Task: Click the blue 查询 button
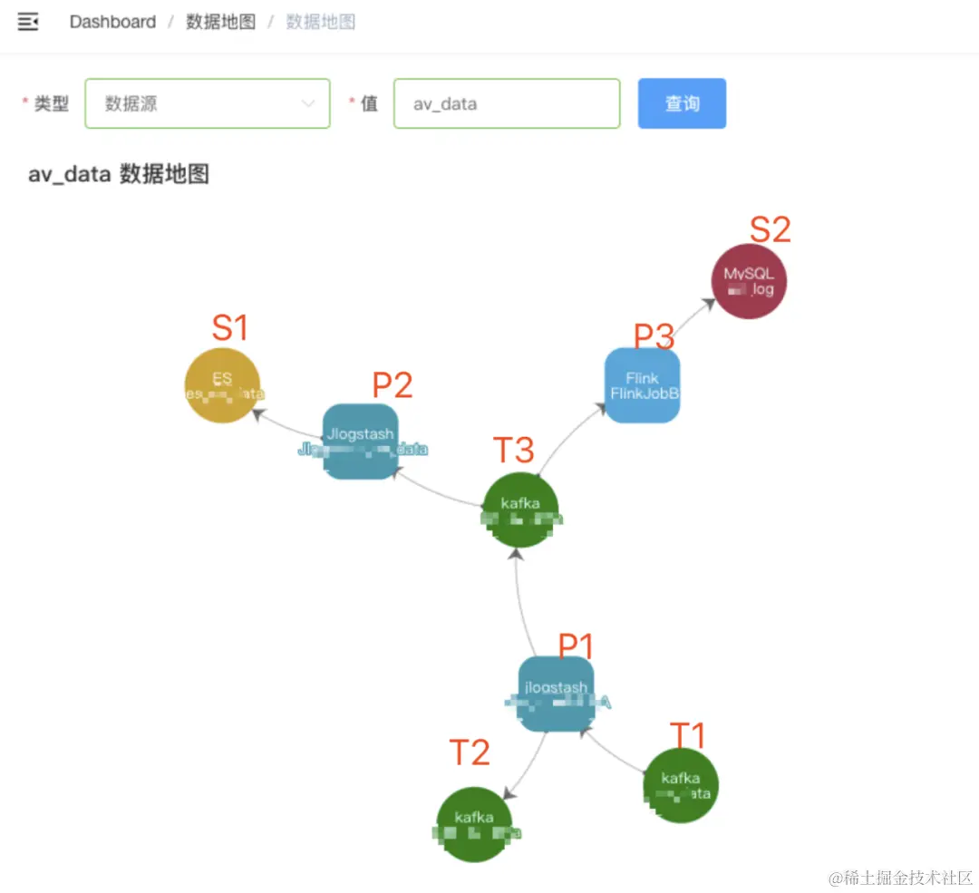[x=682, y=103]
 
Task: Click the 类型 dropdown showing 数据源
[x=207, y=103]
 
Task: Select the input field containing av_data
[x=506, y=103]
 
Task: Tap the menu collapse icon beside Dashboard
[x=28, y=22]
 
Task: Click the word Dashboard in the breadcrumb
[x=112, y=22]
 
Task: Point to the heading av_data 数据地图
[x=119, y=174]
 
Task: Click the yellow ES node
[x=222, y=384]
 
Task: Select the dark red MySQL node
[x=749, y=281]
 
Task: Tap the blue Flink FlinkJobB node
[x=642, y=385]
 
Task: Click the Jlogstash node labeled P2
[x=361, y=441]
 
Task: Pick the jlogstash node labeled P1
[x=556, y=694]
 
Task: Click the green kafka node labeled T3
[x=520, y=510]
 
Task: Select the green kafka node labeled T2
[x=474, y=823]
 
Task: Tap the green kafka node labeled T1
[x=681, y=785]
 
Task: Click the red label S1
[x=229, y=327]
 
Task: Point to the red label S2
[x=770, y=229]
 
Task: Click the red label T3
[x=513, y=450]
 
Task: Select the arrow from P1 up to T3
[x=519, y=603]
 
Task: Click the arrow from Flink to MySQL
[x=693, y=320]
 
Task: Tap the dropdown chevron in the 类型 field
[x=307, y=103]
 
